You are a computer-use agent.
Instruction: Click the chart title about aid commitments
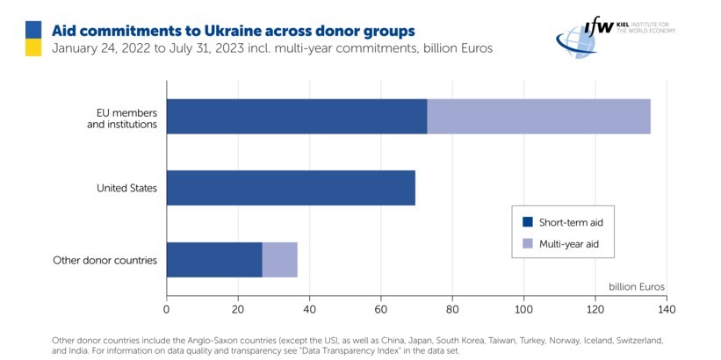pos(233,31)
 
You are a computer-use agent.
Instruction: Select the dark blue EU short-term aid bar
pos(296,117)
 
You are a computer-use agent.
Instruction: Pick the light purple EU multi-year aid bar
pos(538,117)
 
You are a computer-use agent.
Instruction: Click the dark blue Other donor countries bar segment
pos(213,260)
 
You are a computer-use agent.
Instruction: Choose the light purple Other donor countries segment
pos(279,260)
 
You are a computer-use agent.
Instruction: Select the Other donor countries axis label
pos(105,260)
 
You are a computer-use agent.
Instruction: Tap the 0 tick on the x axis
pos(166,309)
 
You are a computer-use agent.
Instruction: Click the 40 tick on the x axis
pos(309,309)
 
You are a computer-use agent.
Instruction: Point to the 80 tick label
pos(452,309)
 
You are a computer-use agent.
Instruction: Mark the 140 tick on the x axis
pos(666,309)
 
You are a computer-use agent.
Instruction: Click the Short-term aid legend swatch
pos(528,221)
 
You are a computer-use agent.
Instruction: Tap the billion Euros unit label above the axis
pos(636,287)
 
